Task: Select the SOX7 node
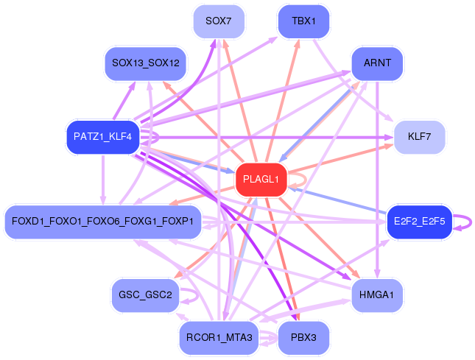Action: pyautogui.click(x=218, y=21)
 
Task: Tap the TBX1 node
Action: pyautogui.click(x=303, y=21)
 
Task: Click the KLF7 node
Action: pyautogui.click(x=418, y=137)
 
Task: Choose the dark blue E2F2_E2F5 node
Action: pyautogui.click(x=419, y=222)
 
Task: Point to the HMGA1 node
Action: pyautogui.click(x=377, y=294)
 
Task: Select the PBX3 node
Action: pyautogui.click(x=303, y=338)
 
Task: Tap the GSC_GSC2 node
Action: pyautogui.click(x=144, y=295)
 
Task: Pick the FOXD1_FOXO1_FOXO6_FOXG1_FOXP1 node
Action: pyautogui.click(x=103, y=222)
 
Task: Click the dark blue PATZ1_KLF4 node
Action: pyautogui.click(x=103, y=137)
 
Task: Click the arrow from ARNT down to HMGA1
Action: pyautogui.click(x=377, y=177)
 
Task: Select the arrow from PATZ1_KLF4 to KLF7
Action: pyautogui.click(x=295, y=137)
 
